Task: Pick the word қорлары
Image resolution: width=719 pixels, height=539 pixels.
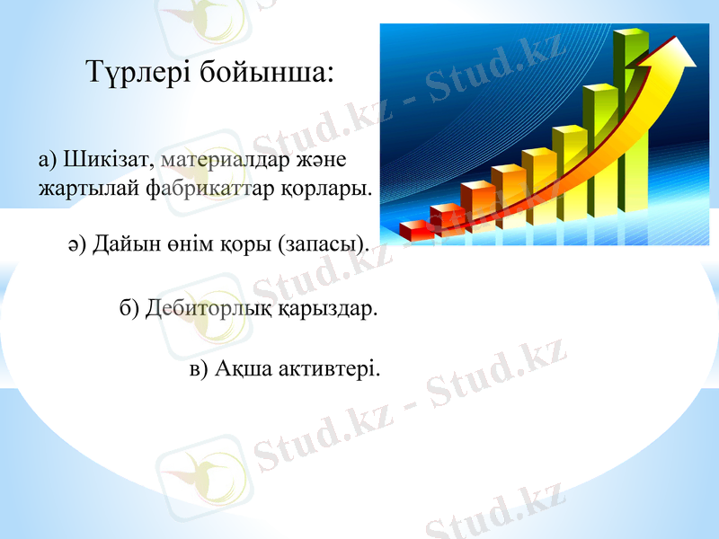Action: point(329,190)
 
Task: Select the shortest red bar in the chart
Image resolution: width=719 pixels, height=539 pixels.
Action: point(416,231)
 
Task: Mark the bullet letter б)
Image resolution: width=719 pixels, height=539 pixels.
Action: point(130,309)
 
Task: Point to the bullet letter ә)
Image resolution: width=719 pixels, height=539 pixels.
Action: point(76,245)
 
